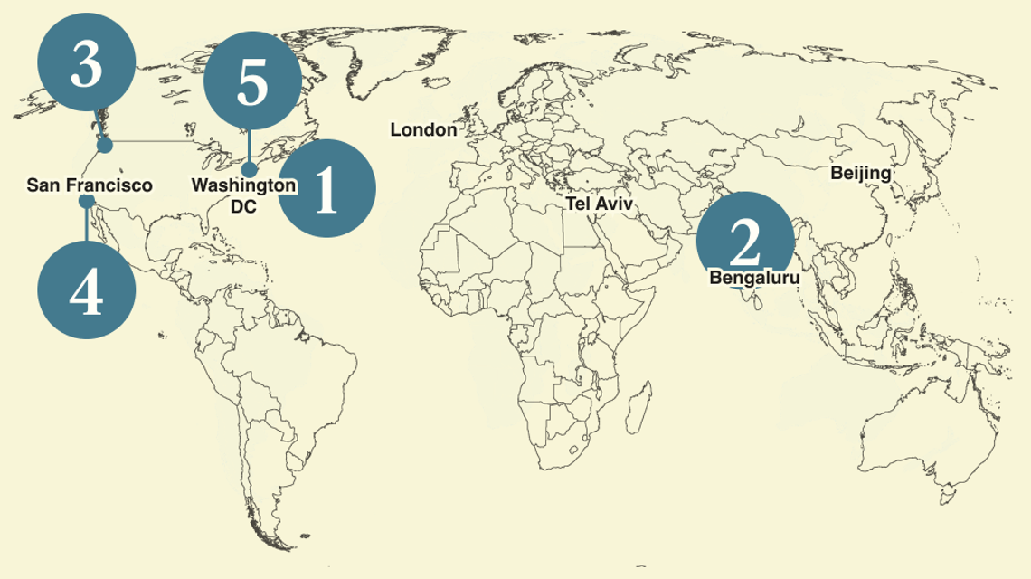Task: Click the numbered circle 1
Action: point(325,189)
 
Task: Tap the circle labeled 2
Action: point(745,240)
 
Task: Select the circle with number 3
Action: point(87,66)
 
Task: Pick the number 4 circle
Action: point(87,291)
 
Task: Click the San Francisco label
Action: point(89,185)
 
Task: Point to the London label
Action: point(423,130)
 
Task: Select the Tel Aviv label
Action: point(599,204)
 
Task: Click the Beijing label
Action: point(860,173)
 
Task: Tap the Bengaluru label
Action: point(754,278)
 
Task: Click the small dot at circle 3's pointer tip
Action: point(105,145)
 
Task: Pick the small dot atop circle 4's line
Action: point(87,201)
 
